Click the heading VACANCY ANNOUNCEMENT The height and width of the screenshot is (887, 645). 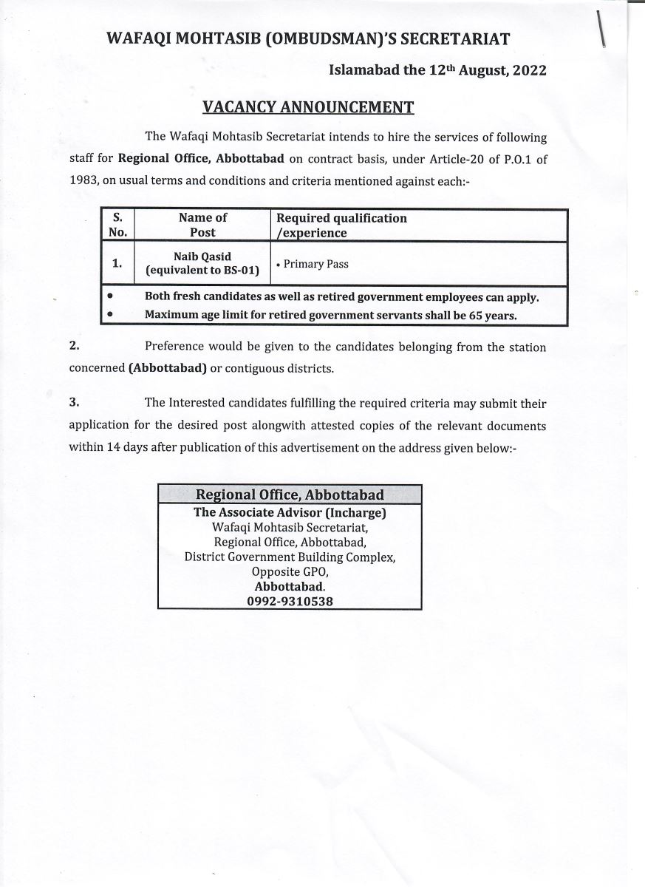click(x=308, y=107)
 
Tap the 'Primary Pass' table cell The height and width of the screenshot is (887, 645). click(x=315, y=264)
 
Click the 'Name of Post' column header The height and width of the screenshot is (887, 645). click(x=202, y=225)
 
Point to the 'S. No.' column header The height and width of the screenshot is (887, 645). click(x=117, y=225)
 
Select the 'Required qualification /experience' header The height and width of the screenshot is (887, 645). click(x=341, y=225)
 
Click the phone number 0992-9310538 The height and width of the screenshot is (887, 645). click(x=290, y=602)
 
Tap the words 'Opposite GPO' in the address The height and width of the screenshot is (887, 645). click(x=290, y=572)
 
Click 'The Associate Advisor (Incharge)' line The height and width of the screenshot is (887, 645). click(x=290, y=512)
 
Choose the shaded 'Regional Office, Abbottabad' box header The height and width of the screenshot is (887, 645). click(x=290, y=495)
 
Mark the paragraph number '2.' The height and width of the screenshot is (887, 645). click(x=74, y=346)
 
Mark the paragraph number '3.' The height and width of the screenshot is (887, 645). click(x=74, y=402)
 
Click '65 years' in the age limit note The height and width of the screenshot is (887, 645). click(x=492, y=315)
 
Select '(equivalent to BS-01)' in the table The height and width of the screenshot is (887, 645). click(x=203, y=271)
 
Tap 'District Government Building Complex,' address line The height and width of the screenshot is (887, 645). click(x=290, y=557)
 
